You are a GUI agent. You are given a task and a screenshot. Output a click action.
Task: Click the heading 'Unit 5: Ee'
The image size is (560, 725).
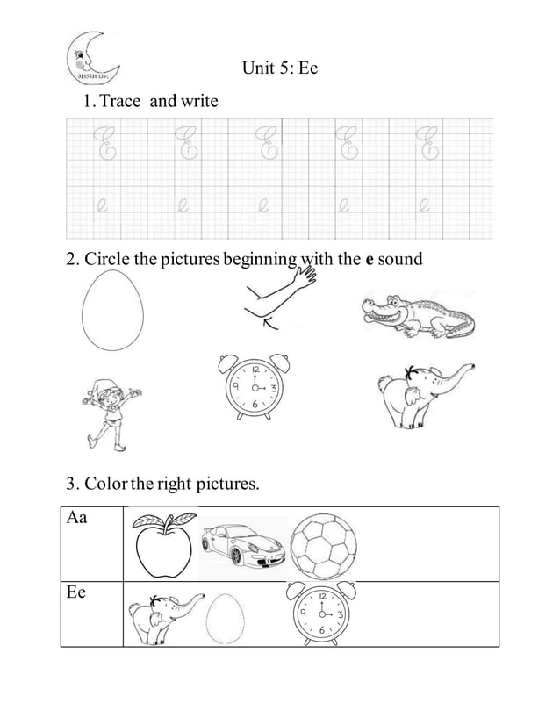click(279, 68)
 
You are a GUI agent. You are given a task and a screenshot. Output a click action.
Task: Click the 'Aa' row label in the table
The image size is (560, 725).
click(76, 518)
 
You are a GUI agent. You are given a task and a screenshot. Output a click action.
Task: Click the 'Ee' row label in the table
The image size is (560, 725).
click(76, 593)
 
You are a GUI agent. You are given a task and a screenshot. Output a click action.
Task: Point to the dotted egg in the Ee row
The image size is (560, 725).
click(225, 618)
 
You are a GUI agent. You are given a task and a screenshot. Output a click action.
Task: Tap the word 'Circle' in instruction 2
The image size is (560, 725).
click(107, 260)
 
